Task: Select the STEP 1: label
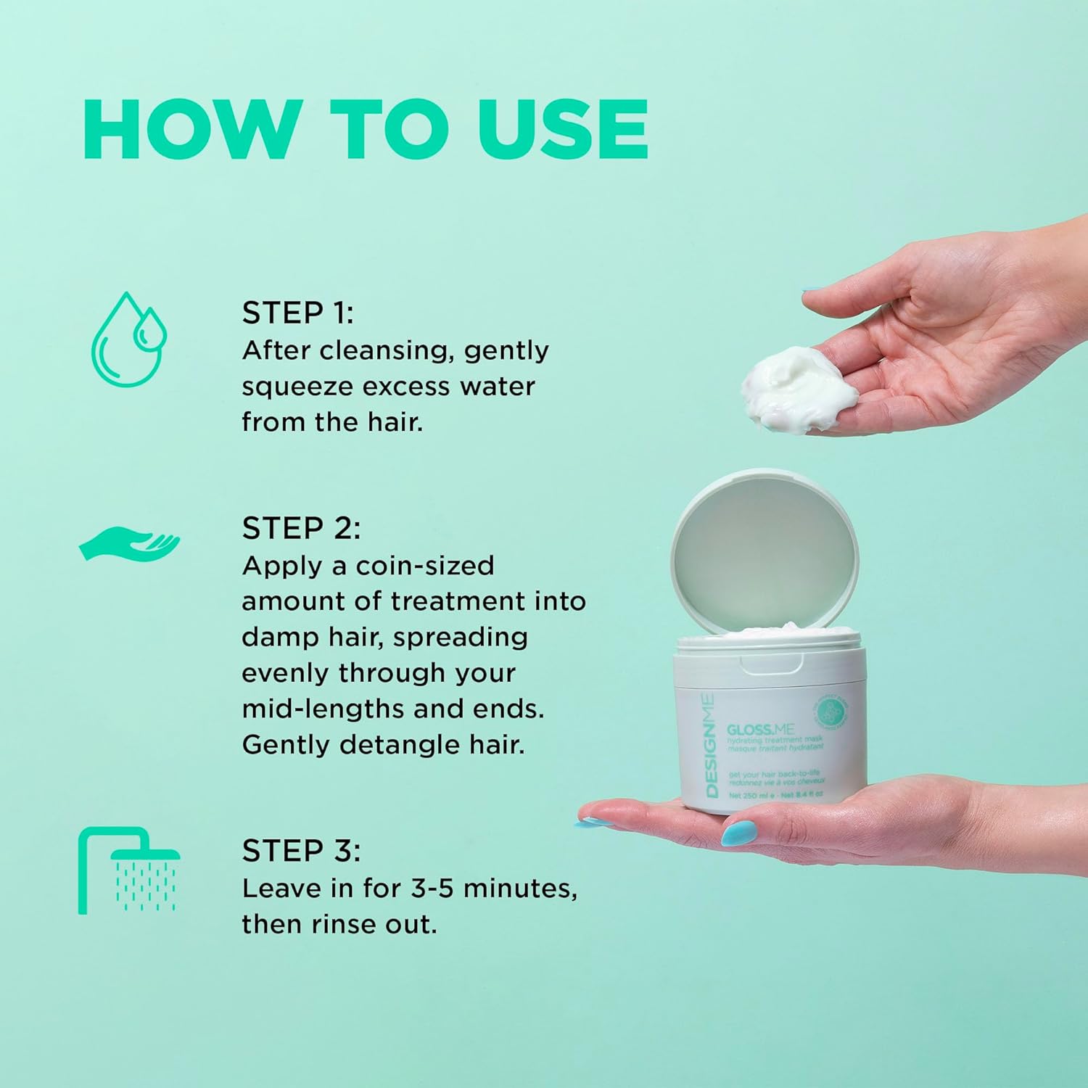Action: coord(297,313)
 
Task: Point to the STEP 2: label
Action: coord(300,528)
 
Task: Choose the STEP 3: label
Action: coord(300,850)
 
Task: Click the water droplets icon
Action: coord(128,339)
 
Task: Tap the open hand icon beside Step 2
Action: coord(129,544)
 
